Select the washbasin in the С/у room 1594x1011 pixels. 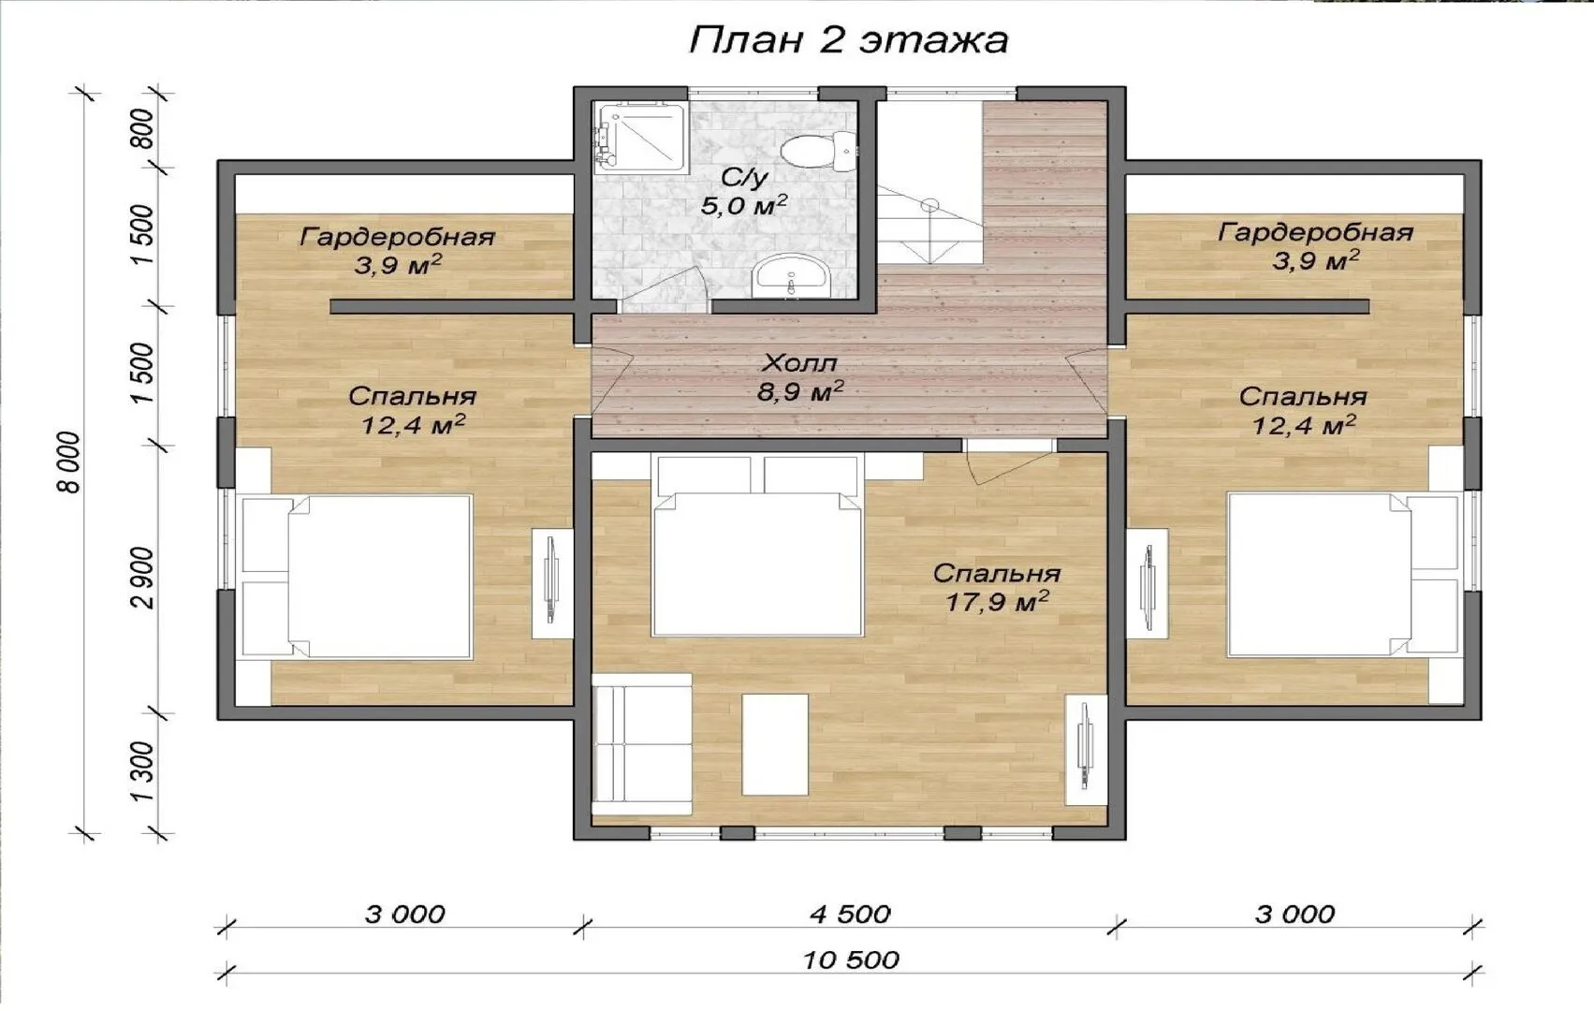791,277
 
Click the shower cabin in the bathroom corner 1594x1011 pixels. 640,136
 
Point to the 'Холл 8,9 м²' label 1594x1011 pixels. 800,377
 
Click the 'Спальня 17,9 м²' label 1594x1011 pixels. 996,588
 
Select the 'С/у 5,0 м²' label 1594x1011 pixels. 743,191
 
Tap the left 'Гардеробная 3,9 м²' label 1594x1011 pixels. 397,251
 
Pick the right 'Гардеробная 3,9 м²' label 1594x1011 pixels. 1315,246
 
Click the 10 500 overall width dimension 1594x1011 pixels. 851,960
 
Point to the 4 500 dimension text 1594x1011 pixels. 850,915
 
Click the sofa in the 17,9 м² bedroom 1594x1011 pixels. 642,744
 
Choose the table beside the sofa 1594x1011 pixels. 775,745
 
